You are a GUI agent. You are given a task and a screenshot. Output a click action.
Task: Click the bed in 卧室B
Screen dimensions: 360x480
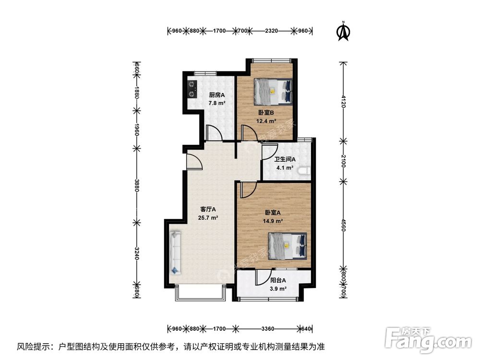[x=273, y=91]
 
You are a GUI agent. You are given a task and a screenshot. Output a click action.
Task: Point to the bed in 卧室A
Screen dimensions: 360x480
[x=287, y=245]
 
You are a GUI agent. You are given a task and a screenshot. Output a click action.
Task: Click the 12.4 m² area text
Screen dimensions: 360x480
[x=265, y=121]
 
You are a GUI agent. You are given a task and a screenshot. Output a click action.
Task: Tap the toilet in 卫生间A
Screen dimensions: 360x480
[x=304, y=170]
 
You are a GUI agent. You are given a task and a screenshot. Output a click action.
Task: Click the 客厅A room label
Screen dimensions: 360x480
[x=208, y=209]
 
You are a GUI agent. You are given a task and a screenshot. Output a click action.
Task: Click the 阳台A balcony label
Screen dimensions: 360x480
[x=278, y=280]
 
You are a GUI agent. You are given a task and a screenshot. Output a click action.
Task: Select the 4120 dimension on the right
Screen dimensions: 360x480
[x=342, y=102]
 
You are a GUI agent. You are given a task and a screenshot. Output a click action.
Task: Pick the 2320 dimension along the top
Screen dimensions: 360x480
[x=271, y=31]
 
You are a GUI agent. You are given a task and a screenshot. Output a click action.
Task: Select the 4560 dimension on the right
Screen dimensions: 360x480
[x=342, y=224]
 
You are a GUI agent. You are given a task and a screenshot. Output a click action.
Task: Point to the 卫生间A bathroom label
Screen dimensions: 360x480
[x=285, y=159]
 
